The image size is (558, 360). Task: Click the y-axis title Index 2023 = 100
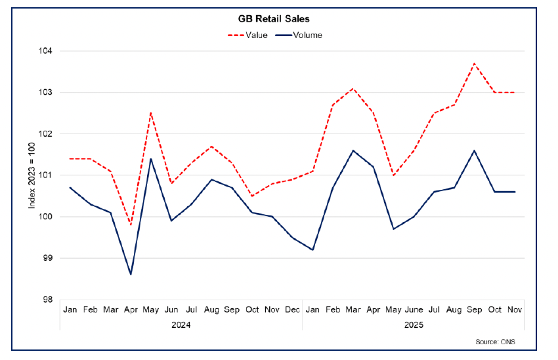pyautogui.click(x=32, y=175)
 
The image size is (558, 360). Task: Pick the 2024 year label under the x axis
pyautogui.click(x=181, y=325)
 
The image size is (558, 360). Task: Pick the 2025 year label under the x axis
pyautogui.click(x=414, y=325)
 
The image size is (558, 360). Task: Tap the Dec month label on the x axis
pyautogui.click(x=292, y=308)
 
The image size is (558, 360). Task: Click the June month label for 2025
pyautogui.click(x=414, y=308)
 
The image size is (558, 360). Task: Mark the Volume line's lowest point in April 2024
pyautogui.click(x=131, y=274)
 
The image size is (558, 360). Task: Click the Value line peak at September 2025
pyautogui.click(x=475, y=64)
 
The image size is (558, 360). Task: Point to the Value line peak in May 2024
pyautogui.click(x=151, y=113)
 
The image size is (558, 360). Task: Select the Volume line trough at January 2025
pyautogui.click(x=312, y=250)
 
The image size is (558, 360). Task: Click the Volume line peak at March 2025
pyautogui.click(x=353, y=150)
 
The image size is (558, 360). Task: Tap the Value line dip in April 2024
pyautogui.click(x=131, y=225)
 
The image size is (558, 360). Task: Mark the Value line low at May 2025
pyautogui.click(x=394, y=175)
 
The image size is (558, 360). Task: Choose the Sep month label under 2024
pyautogui.click(x=232, y=308)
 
